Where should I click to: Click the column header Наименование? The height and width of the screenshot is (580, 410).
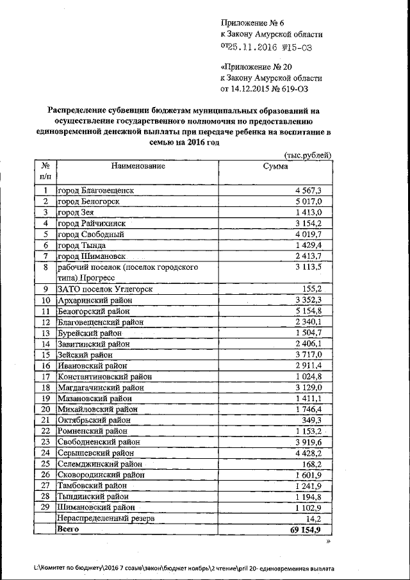tap(138, 166)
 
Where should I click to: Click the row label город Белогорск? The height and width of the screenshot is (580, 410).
tap(88, 201)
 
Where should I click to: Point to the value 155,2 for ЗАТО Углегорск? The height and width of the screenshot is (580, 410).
tap(319, 289)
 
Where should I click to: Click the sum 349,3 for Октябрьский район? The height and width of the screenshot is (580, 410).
tap(319, 420)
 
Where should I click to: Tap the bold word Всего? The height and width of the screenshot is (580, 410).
tap(69, 529)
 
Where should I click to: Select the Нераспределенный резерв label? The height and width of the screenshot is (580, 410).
tap(106, 518)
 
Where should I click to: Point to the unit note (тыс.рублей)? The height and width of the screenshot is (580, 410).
tap(307, 154)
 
